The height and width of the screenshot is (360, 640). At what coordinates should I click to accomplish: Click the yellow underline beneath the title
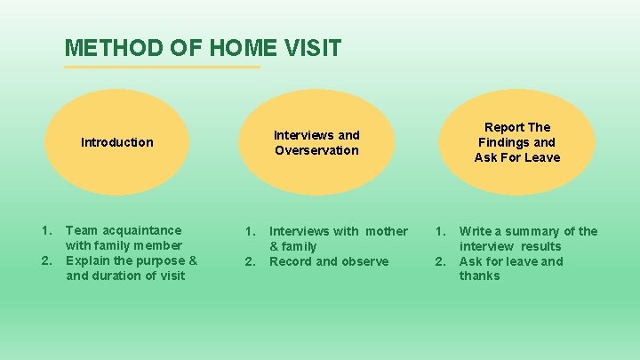pyautogui.click(x=163, y=67)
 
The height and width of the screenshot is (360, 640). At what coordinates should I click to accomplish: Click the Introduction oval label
pyautogui.click(x=116, y=142)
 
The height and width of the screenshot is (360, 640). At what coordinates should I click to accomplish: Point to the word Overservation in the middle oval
pyautogui.click(x=316, y=150)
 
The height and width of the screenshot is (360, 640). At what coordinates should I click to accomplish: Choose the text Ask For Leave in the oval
pyautogui.click(x=517, y=157)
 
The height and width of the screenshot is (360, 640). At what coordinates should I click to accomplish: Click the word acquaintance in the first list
pyautogui.click(x=140, y=230)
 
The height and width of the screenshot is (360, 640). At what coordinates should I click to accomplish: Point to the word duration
pyautogui.click(x=122, y=276)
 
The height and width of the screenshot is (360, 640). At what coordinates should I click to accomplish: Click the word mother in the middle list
pyautogui.click(x=387, y=231)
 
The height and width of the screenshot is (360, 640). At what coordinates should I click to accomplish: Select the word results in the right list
pyautogui.click(x=541, y=246)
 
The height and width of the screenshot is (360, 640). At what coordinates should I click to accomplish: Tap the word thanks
pyautogui.click(x=480, y=276)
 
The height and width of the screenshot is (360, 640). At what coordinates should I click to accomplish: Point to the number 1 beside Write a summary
pyautogui.click(x=438, y=231)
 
